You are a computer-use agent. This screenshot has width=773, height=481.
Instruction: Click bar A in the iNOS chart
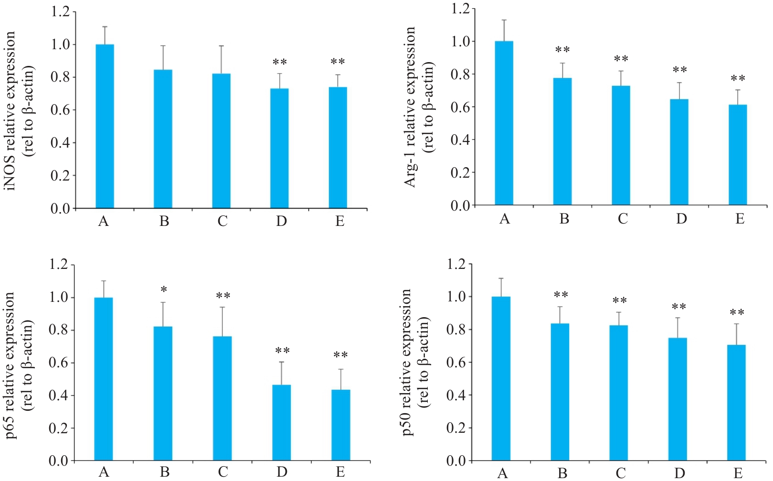point(105,127)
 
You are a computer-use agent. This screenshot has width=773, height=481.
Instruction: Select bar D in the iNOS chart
point(279,148)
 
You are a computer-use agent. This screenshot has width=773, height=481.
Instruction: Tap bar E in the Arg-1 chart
point(737,155)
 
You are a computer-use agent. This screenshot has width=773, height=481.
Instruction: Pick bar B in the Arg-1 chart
point(562,141)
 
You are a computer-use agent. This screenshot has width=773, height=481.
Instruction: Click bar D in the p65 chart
point(281,423)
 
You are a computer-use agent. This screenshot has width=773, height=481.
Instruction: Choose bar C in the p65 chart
point(222,398)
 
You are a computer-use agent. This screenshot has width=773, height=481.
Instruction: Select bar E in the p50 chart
point(736,403)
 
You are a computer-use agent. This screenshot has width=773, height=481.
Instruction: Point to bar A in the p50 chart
point(501,378)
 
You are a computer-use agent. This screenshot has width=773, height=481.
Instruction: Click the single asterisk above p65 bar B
point(164,290)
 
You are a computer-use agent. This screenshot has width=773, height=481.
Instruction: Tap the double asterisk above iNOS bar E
point(338,62)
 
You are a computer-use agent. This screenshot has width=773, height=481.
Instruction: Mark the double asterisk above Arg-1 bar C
point(621,59)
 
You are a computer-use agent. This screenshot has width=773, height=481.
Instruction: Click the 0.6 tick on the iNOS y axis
point(61,110)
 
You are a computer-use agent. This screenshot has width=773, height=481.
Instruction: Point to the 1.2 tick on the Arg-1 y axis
point(460,9)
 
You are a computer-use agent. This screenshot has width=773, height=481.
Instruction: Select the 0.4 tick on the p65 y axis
point(59,395)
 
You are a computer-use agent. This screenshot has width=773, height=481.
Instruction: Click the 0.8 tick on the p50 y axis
point(456,330)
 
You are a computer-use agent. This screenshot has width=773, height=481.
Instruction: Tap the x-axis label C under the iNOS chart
point(222,222)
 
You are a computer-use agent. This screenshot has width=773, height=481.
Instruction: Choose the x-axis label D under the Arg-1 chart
point(681,219)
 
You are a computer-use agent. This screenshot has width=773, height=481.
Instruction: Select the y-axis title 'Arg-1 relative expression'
point(411,107)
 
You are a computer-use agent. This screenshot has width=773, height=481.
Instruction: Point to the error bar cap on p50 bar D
point(678,318)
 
